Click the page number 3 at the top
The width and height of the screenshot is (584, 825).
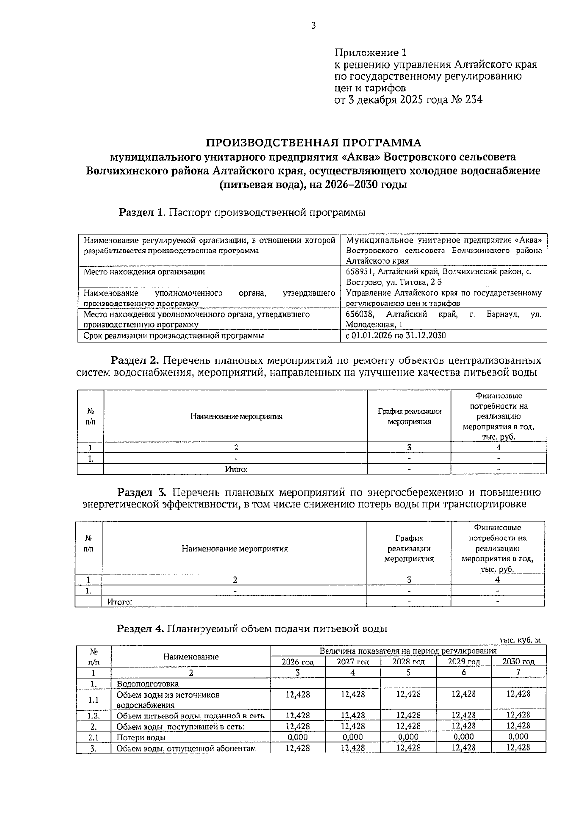pyautogui.click(x=313, y=26)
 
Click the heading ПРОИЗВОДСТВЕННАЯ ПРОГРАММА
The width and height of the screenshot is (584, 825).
pyautogui.click(x=313, y=143)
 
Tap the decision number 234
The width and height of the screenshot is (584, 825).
pyautogui.click(x=474, y=100)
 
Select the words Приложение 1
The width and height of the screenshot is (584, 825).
pyautogui.click(x=370, y=53)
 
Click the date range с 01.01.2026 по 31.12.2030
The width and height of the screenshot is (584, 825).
pyautogui.click(x=396, y=336)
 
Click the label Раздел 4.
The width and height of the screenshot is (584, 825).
pyautogui.click(x=140, y=628)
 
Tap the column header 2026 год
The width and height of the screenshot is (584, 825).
pyautogui.click(x=298, y=662)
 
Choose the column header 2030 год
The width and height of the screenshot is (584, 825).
pyautogui.click(x=518, y=662)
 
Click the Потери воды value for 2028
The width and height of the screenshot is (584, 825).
pyautogui.click(x=408, y=737)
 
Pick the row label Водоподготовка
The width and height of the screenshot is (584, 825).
pyautogui.click(x=144, y=683)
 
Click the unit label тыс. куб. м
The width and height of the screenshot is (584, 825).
pyautogui.click(x=520, y=640)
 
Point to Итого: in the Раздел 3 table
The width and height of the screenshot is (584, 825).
pyautogui.click(x=120, y=602)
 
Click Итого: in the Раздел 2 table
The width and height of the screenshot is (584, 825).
pyautogui.click(x=236, y=469)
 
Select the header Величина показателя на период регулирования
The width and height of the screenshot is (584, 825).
pyautogui.click(x=408, y=651)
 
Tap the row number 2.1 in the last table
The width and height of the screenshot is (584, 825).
pyautogui.click(x=93, y=737)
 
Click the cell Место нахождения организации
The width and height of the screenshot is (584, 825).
pyautogui.click(x=144, y=272)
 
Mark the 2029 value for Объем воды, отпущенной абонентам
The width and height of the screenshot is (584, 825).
pyautogui.click(x=463, y=748)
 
